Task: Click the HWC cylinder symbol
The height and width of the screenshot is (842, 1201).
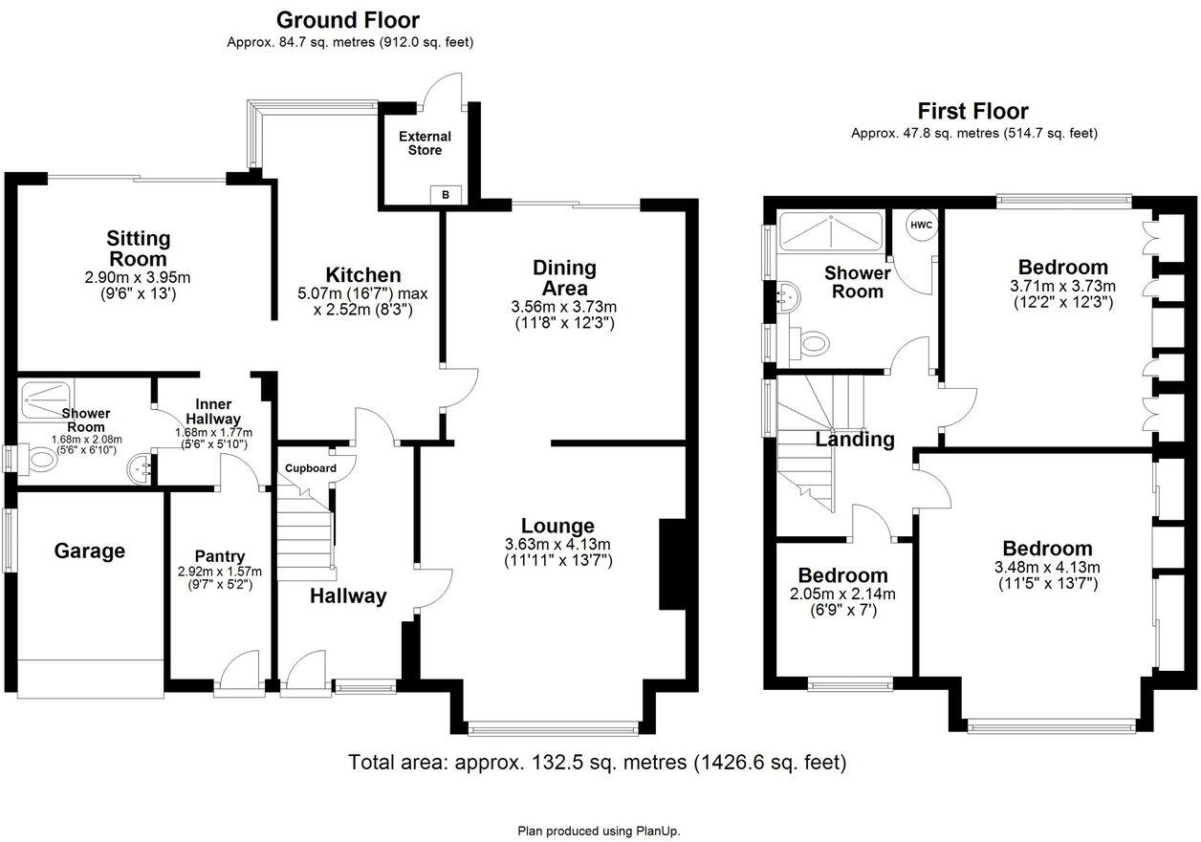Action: point(921,226)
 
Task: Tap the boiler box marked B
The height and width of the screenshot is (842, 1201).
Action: point(446,195)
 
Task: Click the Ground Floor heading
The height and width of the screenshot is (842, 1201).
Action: point(348,20)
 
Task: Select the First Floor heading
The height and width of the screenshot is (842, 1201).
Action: point(972,112)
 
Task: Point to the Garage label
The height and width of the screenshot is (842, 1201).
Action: point(90,551)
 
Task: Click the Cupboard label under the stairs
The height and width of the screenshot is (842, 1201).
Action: point(311,468)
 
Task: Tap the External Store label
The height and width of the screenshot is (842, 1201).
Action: point(425,143)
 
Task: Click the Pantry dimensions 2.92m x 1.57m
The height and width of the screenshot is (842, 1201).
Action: point(220,572)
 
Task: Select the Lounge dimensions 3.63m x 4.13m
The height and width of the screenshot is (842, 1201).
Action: point(557,544)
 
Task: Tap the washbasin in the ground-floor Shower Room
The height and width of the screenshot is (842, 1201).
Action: point(141,467)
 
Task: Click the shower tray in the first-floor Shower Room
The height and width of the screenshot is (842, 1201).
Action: point(831,231)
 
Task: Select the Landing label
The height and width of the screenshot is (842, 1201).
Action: point(855,440)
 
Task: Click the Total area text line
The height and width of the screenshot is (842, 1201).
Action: point(598,762)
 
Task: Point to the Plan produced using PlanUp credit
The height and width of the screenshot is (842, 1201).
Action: point(599,831)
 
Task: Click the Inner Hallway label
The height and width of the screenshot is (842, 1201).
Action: point(213,411)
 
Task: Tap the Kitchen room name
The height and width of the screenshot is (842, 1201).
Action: point(363,275)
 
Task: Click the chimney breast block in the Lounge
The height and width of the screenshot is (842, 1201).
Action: point(672,564)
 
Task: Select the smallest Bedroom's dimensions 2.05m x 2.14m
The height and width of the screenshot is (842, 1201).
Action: point(842,594)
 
